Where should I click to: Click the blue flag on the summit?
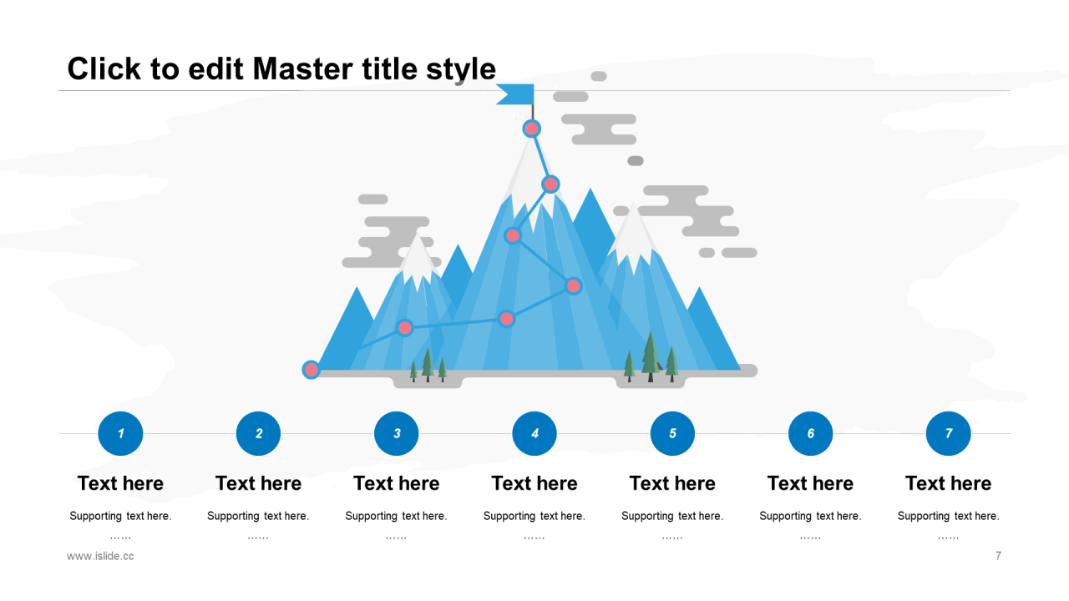[x=516, y=94]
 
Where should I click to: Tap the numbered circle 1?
[x=120, y=433]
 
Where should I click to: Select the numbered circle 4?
[x=534, y=433]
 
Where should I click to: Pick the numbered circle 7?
[x=948, y=433]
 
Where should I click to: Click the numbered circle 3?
[x=397, y=433]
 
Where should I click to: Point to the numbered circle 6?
[x=810, y=433]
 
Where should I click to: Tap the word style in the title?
[x=461, y=68]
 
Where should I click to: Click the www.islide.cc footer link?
[x=100, y=556]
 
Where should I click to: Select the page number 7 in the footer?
[x=998, y=556]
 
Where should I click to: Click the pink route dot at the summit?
[x=532, y=129]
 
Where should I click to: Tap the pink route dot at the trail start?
[x=311, y=369]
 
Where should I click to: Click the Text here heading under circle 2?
[x=258, y=483]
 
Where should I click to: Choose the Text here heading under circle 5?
[x=672, y=483]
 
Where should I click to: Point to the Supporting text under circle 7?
[x=948, y=516]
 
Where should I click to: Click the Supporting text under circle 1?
[x=120, y=516]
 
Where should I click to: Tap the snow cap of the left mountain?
[x=418, y=260]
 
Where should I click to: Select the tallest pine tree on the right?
[x=650, y=355]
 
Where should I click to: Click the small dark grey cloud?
[x=636, y=160]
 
